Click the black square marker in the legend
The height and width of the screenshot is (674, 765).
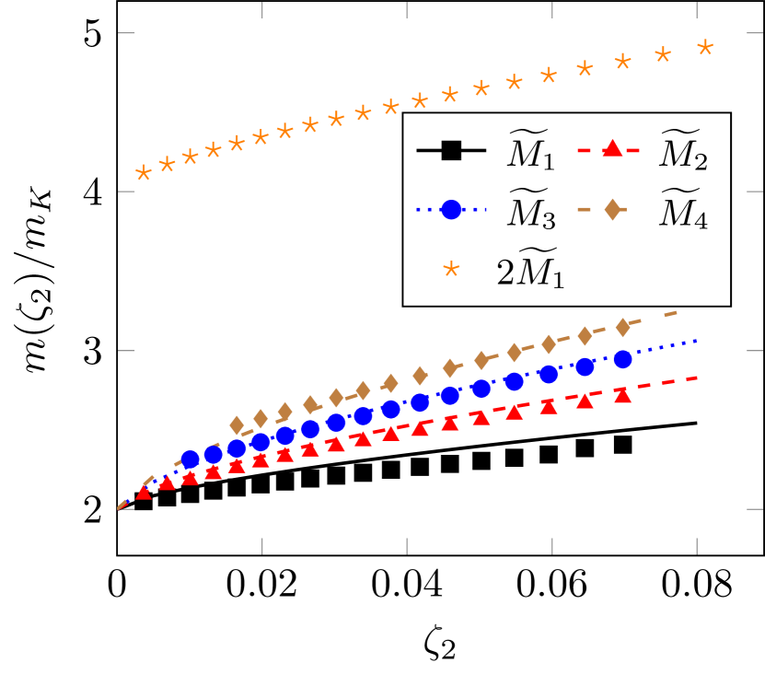451,150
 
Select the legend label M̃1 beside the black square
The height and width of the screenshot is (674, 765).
531,152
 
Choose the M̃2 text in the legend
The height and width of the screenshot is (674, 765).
683,152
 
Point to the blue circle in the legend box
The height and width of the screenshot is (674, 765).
451,210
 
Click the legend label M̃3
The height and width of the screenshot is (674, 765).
531,212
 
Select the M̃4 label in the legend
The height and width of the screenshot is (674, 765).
683,212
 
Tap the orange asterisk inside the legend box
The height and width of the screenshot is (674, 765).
451,270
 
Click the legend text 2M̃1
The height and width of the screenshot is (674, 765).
530,272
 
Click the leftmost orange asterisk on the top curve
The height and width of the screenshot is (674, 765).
144,173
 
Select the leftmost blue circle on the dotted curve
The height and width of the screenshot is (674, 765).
191,459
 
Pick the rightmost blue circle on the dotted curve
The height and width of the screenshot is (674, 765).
622,359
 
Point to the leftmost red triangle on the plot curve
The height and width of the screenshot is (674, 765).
144,493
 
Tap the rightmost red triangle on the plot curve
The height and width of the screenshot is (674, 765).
622,395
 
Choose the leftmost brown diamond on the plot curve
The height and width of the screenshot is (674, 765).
237,424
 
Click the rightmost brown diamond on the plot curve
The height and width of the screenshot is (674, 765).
622,327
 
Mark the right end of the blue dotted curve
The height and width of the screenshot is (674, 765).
698,341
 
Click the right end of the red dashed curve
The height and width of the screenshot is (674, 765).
698,377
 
